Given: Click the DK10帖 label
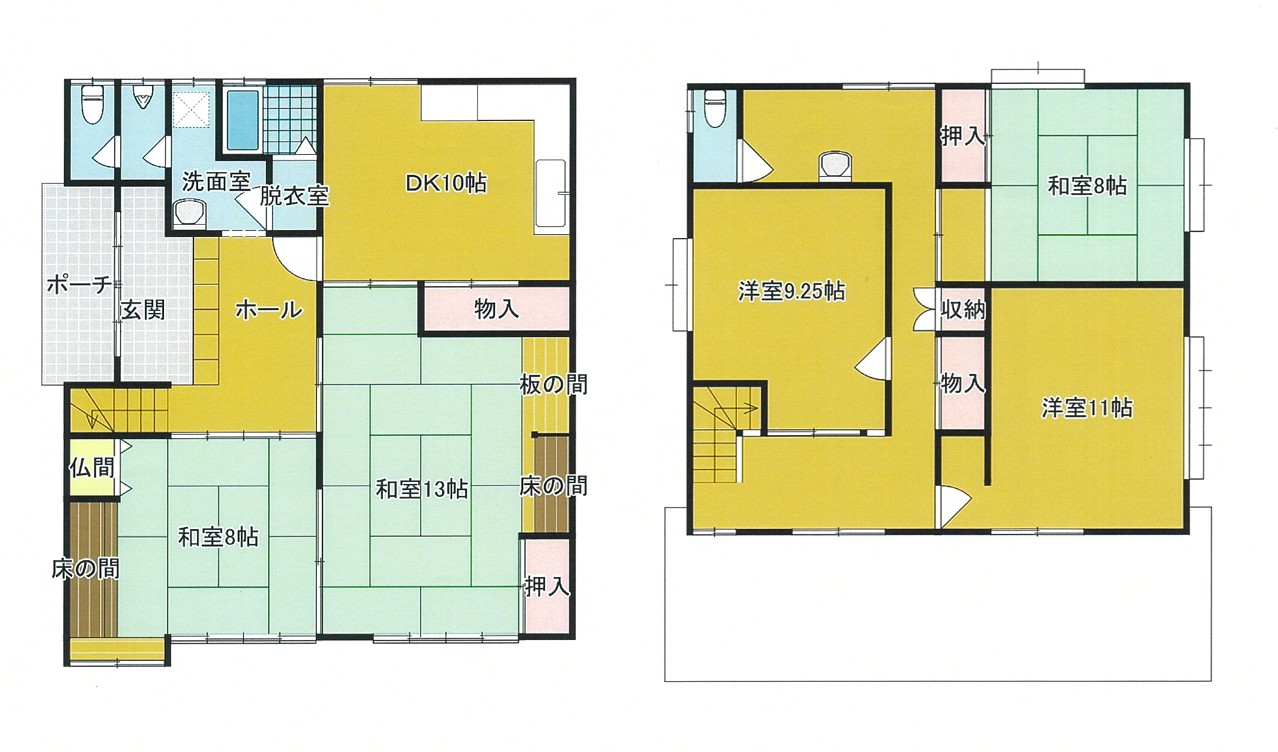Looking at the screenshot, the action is coord(446,184).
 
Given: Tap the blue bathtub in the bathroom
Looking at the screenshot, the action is coord(243,120).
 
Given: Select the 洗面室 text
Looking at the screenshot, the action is coord(216,182).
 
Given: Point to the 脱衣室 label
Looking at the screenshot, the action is coord(294,196).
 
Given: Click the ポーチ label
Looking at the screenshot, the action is coord(79,284).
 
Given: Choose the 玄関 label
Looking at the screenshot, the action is coord(143,310).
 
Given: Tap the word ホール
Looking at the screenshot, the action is coord(269,310).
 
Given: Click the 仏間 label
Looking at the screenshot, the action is coord(92,468).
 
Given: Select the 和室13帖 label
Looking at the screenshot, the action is coord(422,490).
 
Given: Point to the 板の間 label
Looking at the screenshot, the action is coord(553,385).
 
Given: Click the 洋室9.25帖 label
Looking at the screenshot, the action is coord(791,292).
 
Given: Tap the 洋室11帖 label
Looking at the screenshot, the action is coord(1087,409).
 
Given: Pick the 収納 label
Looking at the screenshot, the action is coord(963,310).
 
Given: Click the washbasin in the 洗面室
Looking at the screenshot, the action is coord(188,213).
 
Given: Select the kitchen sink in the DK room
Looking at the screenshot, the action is coord(551,196).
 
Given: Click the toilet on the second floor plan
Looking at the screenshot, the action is coord(715,108).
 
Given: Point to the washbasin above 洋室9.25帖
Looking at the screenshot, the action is coord(835,166).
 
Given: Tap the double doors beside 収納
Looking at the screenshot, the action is coord(924,309).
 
